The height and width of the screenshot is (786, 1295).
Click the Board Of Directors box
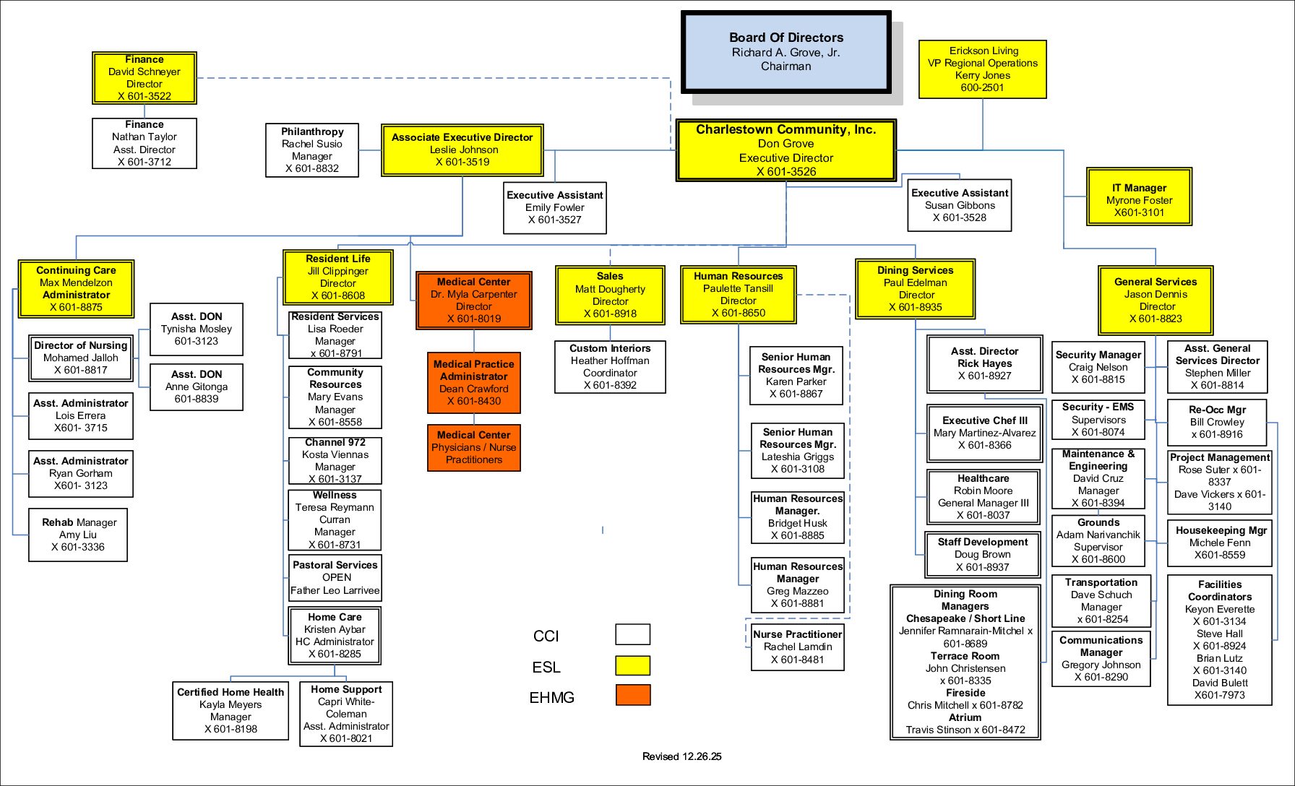coord(786,52)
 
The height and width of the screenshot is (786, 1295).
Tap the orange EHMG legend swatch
coord(632,695)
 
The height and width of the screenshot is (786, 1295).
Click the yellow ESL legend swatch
coord(632,665)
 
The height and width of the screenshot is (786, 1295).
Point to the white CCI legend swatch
coord(632,634)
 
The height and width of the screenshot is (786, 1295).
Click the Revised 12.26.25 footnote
coord(681,756)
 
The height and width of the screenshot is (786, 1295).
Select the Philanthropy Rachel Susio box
coord(312,150)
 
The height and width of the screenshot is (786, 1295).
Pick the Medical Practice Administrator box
coord(474,383)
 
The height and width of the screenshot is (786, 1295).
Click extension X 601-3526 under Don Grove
coord(786,171)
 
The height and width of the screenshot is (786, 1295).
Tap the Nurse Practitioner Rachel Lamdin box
coord(797,647)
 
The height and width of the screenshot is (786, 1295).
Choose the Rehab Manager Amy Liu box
coord(78,535)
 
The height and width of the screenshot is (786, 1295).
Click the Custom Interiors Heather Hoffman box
coord(610,367)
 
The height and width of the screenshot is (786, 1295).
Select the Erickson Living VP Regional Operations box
coord(982,69)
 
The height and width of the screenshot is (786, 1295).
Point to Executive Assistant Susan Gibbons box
coord(959,205)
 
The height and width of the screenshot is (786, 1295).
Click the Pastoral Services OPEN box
coord(335,577)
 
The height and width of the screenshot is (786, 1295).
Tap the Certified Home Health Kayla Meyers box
coord(231,711)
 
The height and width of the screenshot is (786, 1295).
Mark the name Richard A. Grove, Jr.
coord(786,52)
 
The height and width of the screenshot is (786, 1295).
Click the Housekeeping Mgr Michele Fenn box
coord(1220,543)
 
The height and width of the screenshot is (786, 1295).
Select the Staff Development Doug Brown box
coord(983,554)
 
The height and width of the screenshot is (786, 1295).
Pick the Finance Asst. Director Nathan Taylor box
coord(145,143)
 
